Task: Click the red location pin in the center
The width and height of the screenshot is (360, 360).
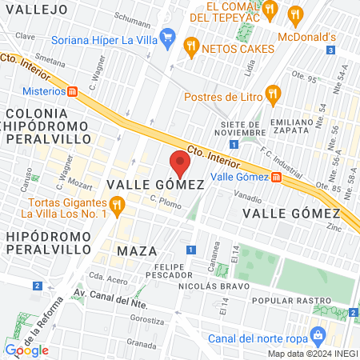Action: pos(180,164)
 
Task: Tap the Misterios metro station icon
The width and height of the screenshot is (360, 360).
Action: pos(73,91)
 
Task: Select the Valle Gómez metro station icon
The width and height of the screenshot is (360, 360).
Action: pos(276,178)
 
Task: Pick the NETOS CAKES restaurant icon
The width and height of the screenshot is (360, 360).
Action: pos(190,46)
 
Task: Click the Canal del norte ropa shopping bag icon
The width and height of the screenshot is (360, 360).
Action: pos(318,334)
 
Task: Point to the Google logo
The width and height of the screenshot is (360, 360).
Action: pos(26,350)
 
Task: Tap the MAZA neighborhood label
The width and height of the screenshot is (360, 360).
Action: pos(132,251)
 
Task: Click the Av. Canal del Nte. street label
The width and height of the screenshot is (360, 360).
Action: pos(108,294)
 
